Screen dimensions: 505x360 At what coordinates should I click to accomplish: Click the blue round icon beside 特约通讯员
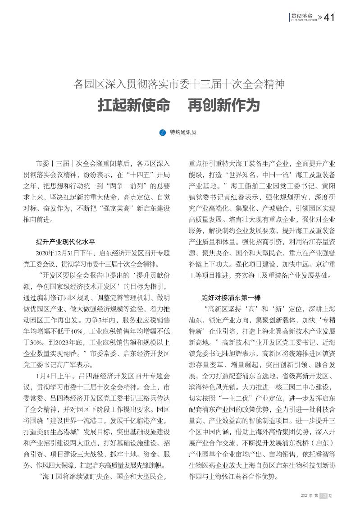pyautogui.click(x=164, y=133)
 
